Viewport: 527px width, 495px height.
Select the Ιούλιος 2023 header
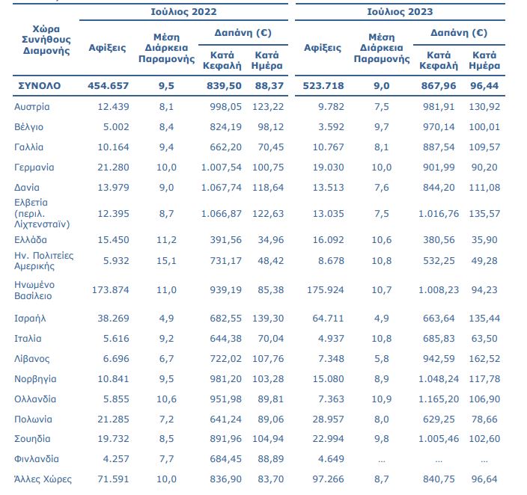pos(400,13)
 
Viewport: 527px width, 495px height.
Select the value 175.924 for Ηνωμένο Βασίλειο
pos(324,290)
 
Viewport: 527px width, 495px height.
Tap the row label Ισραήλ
pos(31,318)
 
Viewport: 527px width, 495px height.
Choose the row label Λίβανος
pos(33,358)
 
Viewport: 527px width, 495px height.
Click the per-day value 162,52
pos(484,358)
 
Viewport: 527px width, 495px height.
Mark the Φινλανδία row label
pos(37,458)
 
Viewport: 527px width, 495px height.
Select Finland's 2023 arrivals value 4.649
pos(329,458)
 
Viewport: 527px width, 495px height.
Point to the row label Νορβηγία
pos(36,379)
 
